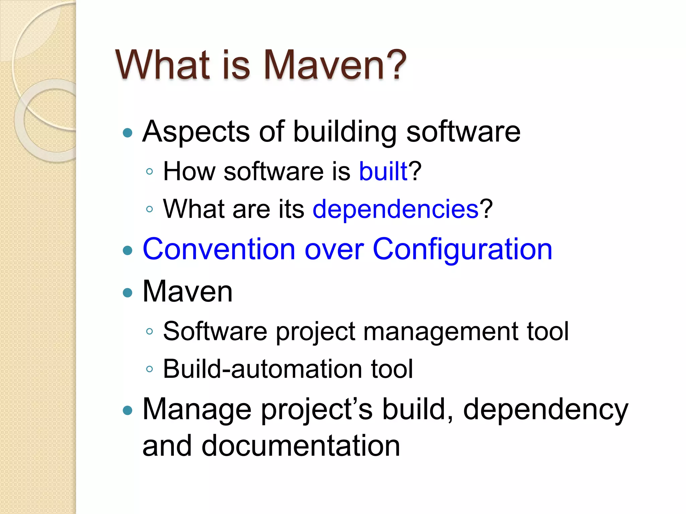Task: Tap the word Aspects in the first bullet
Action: click(x=196, y=132)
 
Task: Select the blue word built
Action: click(x=383, y=171)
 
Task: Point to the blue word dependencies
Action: click(x=395, y=209)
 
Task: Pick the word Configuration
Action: click(x=462, y=250)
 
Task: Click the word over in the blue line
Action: click(x=334, y=250)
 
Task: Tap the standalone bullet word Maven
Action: click(x=187, y=291)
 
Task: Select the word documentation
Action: click(x=300, y=446)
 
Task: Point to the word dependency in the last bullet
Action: click(x=545, y=410)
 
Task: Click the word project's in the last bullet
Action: click(x=317, y=410)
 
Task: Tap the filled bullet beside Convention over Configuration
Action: click(x=128, y=250)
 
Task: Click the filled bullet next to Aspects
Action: click(x=128, y=133)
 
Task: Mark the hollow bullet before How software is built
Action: click(x=150, y=172)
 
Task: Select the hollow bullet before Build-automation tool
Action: click(x=150, y=369)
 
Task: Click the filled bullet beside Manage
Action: click(x=128, y=410)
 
